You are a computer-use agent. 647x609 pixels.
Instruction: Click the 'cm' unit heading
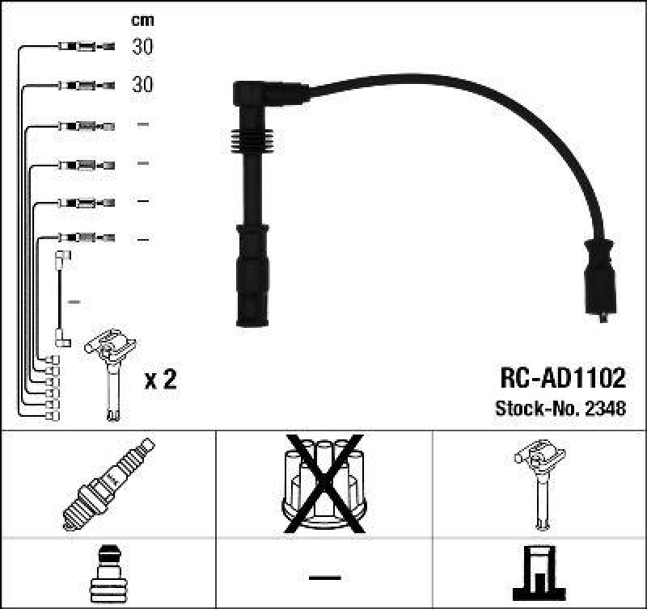(x=142, y=20)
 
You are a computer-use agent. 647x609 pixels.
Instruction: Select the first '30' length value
(x=142, y=47)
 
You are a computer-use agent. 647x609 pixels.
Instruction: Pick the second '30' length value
(x=142, y=85)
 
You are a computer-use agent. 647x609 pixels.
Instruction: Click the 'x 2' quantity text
(x=159, y=380)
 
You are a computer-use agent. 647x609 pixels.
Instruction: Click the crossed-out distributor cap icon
(x=323, y=482)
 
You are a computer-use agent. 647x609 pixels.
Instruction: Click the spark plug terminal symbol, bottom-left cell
(x=107, y=574)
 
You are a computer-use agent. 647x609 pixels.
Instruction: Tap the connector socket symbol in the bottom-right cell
(x=537, y=574)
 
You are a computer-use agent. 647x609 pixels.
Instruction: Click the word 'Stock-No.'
(x=531, y=408)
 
